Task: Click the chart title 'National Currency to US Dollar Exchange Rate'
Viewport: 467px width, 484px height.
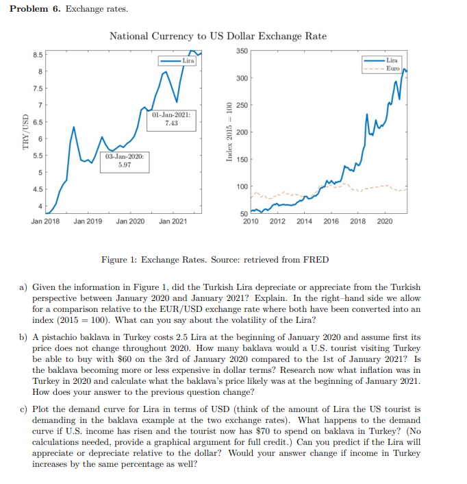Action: tap(218, 36)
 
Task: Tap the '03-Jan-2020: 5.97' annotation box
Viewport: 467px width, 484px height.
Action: tap(125, 160)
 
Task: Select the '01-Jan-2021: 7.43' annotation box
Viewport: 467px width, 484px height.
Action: tap(171, 119)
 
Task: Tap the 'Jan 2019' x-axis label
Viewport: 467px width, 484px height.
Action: tap(88, 221)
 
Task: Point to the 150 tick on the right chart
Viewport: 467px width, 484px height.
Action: tap(242, 160)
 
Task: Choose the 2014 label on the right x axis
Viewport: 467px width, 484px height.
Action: tap(304, 221)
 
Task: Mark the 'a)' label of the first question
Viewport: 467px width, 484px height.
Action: tap(23, 287)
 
